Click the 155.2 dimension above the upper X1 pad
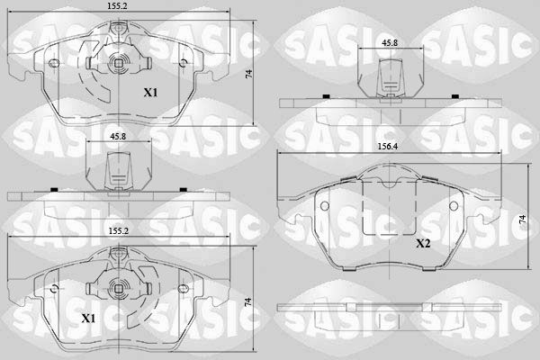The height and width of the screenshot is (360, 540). (117, 5)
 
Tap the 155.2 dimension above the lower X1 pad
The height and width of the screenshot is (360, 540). (119, 230)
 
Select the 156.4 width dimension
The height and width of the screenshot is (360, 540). (388, 147)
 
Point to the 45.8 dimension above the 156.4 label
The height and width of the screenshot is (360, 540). (390, 42)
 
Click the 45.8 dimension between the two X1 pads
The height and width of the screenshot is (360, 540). (118, 137)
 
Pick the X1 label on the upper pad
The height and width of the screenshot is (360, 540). (150, 93)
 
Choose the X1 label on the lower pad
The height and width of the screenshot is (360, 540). (88, 319)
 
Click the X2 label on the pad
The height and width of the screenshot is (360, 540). (423, 244)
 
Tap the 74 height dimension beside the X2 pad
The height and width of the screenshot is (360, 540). (522, 220)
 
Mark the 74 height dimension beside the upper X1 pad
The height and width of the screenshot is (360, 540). (248, 74)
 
